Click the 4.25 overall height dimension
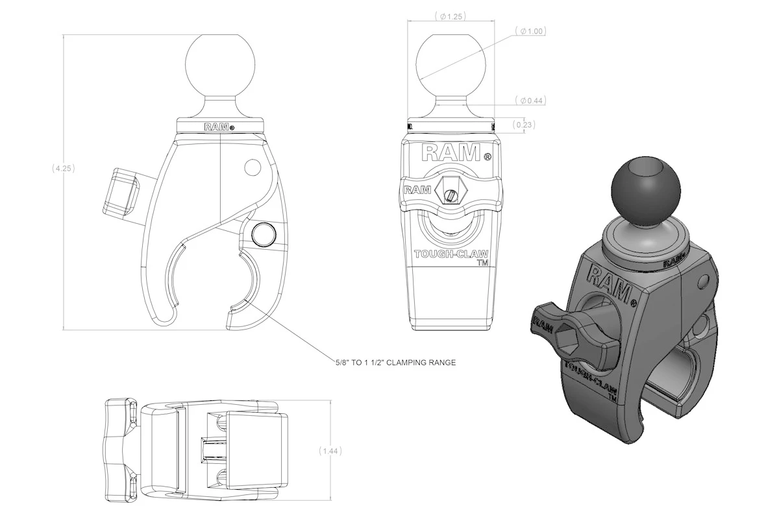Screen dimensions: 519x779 [64, 168]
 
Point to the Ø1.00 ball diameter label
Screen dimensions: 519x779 [531, 30]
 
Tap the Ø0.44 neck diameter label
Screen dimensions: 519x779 [531, 101]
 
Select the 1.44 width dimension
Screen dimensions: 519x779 [331, 450]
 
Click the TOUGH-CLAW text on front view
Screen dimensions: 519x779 [450, 255]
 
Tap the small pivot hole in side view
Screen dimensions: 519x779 [251, 168]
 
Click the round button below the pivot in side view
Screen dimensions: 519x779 [263, 234]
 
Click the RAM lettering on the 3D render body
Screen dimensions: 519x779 [608, 281]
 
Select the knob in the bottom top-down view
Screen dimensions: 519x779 [121, 450]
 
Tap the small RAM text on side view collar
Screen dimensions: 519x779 [216, 127]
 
